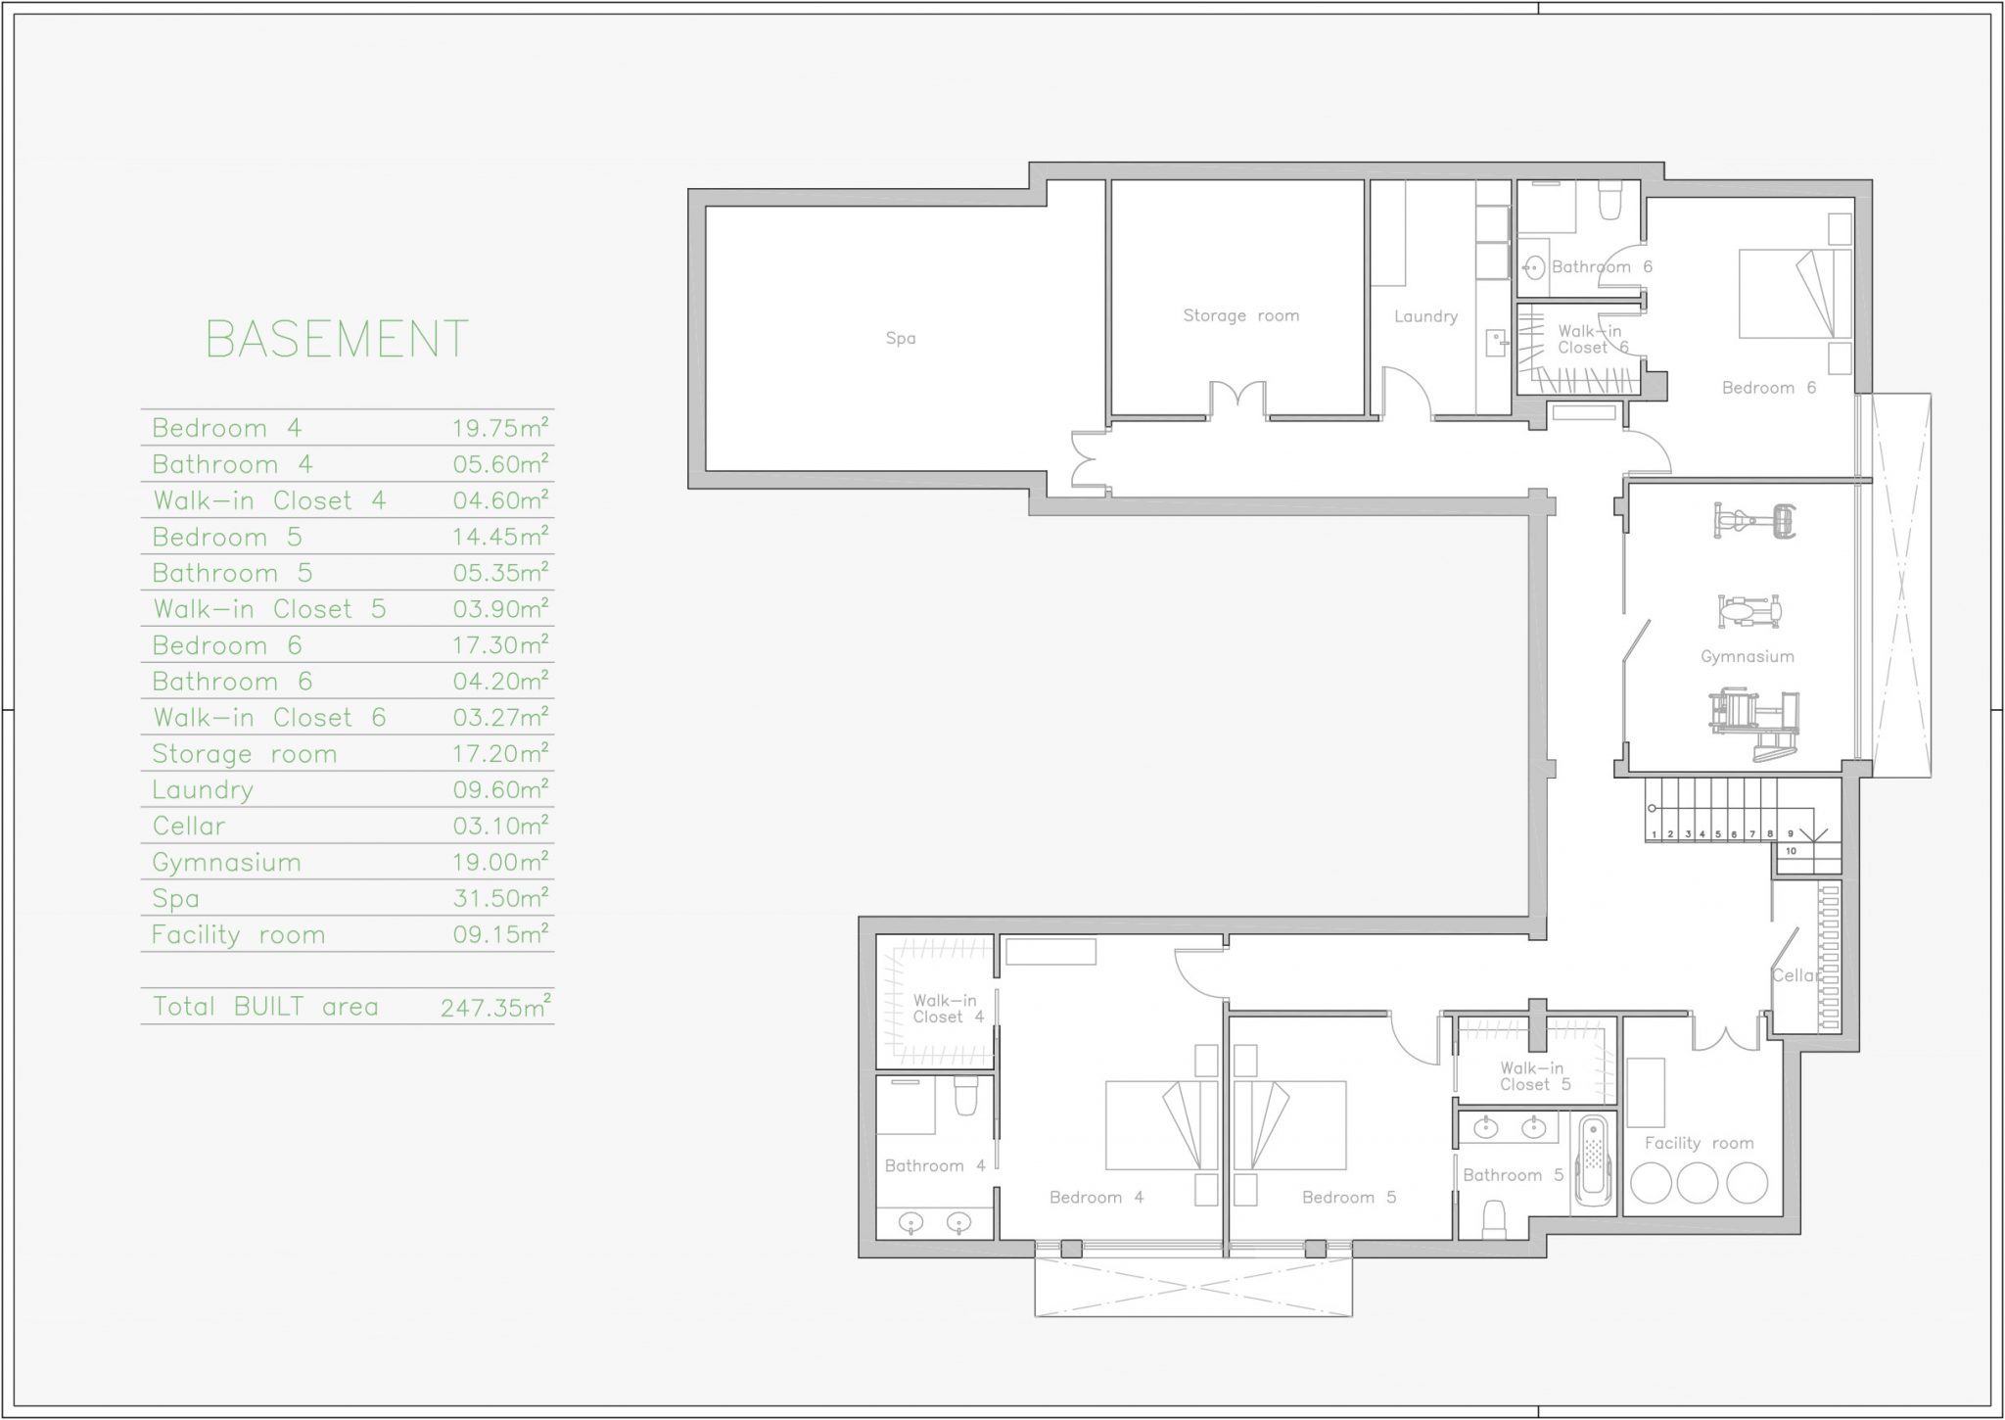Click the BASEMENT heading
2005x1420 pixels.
click(x=338, y=340)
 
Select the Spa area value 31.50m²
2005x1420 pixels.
click(x=500, y=897)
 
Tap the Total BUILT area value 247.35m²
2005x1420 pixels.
click(x=495, y=1006)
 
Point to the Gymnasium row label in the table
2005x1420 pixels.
click(x=226, y=862)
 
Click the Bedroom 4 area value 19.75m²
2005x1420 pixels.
click(x=500, y=427)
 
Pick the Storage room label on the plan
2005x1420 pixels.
click(x=1241, y=315)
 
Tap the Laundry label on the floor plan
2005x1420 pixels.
click(x=1426, y=316)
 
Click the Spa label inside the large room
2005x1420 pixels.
click(x=901, y=338)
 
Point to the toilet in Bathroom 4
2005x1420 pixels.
click(x=966, y=1097)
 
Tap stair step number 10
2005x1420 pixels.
click(x=1792, y=851)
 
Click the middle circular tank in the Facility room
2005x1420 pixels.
click(x=1699, y=1183)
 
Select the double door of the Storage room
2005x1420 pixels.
click(x=1238, y=400)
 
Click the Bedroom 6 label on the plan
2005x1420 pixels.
click(x=1769, y=388)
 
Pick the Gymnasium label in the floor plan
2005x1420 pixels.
click(x=1748, y=656)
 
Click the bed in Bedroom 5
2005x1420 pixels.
click(x=1289, y=1125)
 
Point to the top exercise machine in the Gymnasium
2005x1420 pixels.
click(x=1754, y=520)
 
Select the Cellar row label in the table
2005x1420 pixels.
click(x=189, y=826)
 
